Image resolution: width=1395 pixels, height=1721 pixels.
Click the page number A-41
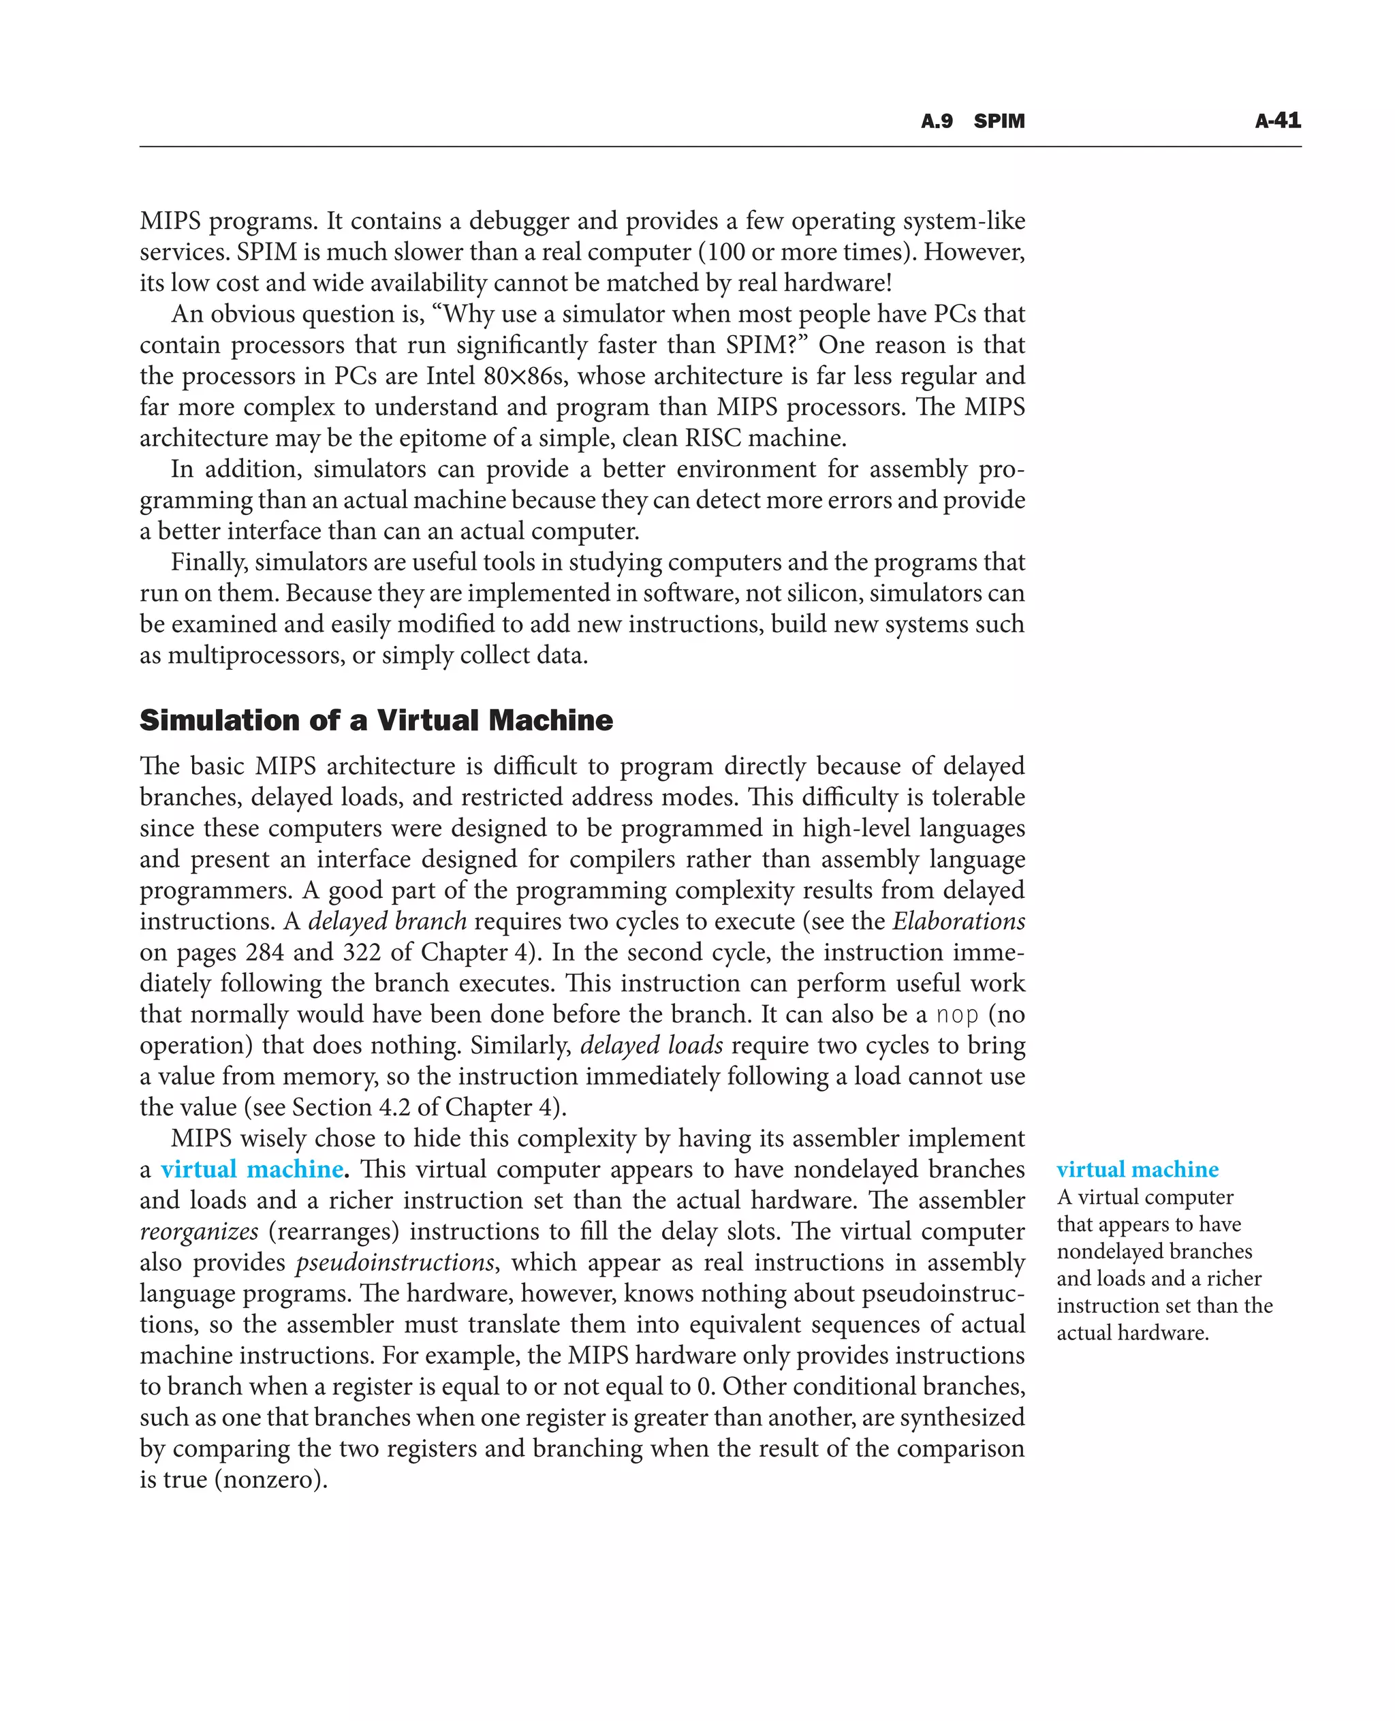click(1278, 121)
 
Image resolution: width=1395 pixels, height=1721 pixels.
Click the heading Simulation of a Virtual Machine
click(376, 719)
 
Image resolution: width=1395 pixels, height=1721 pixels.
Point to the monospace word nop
click(957, 1014)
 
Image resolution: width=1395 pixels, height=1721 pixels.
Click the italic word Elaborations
click(958, 921)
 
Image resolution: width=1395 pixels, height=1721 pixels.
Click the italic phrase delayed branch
click(388, 921)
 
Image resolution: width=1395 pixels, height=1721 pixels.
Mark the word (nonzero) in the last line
click(271, 1480)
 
